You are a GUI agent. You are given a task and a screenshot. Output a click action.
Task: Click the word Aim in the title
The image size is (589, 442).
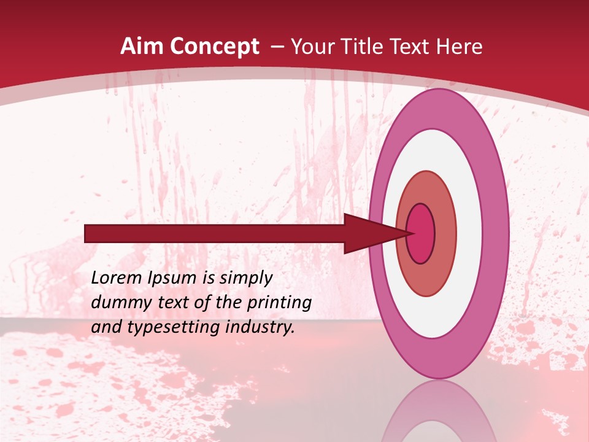click(x=142, y=47)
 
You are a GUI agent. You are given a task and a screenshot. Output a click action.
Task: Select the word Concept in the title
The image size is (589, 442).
click(x=215, y=47)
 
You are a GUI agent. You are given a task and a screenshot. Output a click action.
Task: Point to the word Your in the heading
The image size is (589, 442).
click(x=314, y=47)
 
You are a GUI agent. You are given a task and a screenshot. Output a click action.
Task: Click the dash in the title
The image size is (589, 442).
click(x=277, y=47)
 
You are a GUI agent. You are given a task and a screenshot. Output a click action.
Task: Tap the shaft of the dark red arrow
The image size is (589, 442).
click(x=215, y=234)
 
